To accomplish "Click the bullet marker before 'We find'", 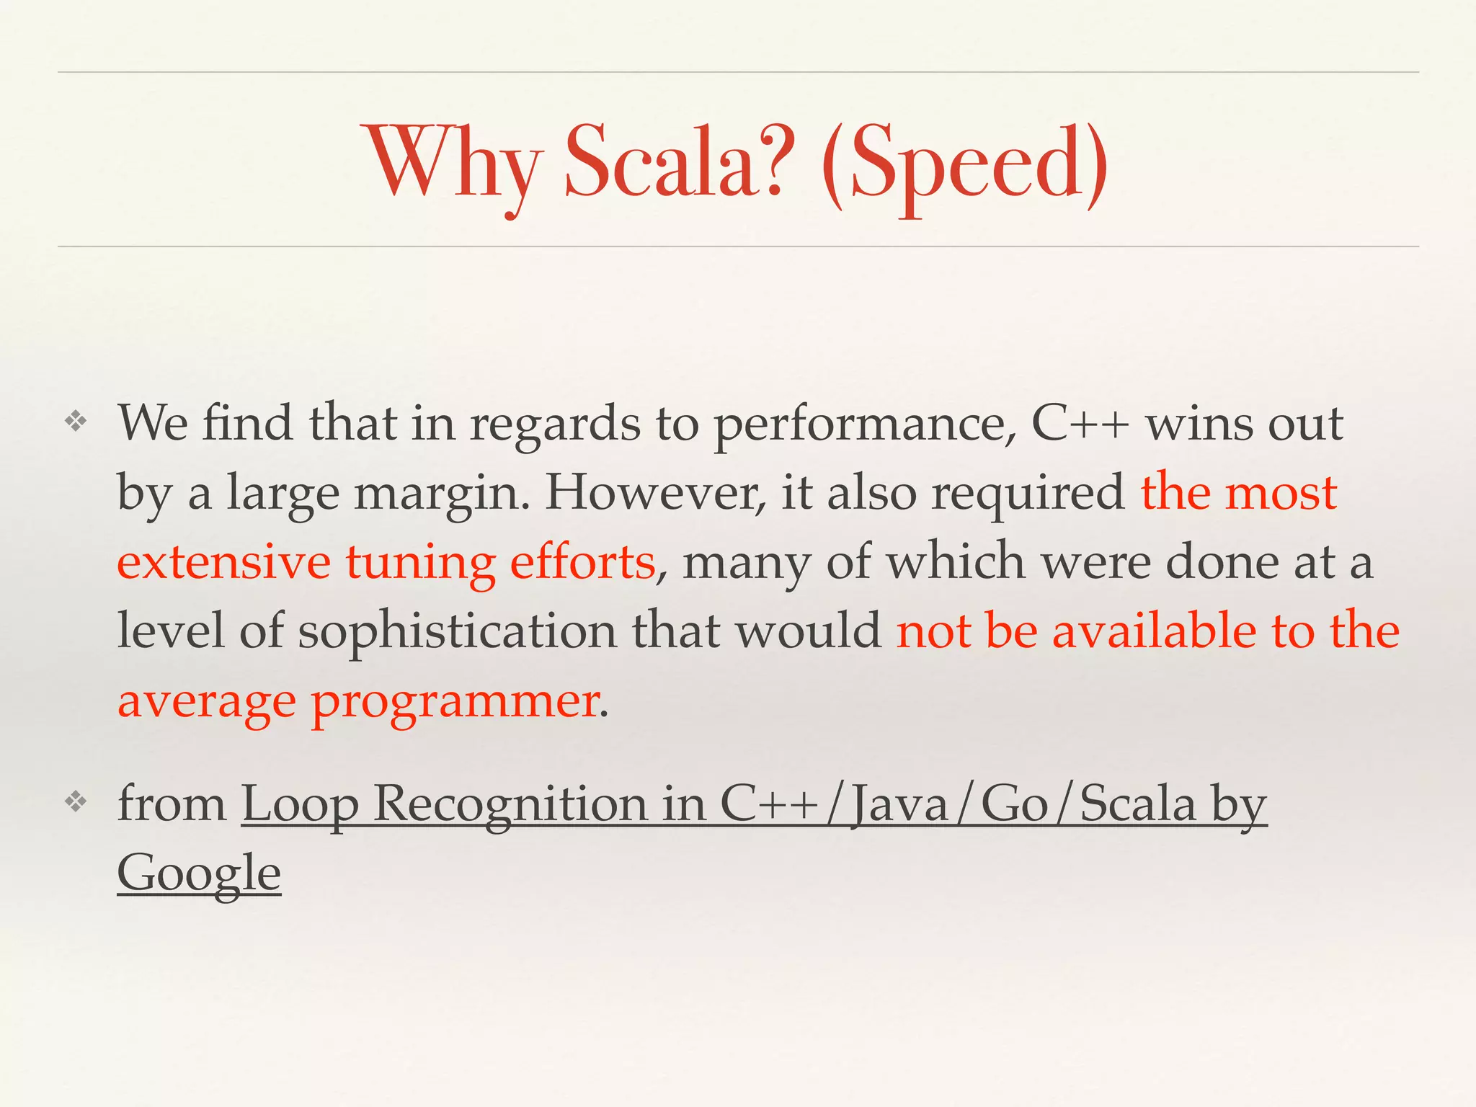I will [76, 422].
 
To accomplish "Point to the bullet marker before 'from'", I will [76, 802].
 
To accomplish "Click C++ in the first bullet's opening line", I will [1079, 423].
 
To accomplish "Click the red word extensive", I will [223, 562].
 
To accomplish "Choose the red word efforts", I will [582, 562].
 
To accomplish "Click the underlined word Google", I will [199, 873].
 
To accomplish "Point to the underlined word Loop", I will [299, 804].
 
